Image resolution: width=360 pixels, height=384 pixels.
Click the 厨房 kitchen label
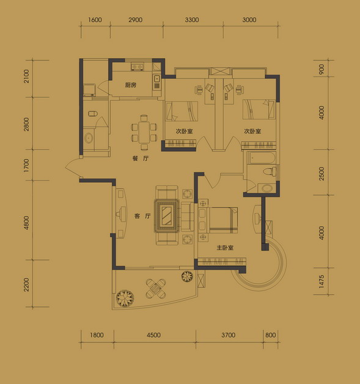pos(130,85)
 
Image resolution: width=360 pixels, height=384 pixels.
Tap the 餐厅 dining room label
pos(141,158)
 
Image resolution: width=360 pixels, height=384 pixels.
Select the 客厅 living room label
pos(142,216)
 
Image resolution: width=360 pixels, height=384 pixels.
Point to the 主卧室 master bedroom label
pos(225,248)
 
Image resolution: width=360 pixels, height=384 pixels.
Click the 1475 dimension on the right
pos(321,281)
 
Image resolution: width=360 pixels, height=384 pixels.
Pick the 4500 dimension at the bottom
pos(153,334)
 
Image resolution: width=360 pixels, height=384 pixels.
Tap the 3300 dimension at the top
pos(192,20)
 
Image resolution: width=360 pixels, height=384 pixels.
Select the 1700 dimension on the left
pos(26,165)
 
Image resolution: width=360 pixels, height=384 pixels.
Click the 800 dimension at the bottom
pos(270,334)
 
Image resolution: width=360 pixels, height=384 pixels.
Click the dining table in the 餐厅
pos(144,132)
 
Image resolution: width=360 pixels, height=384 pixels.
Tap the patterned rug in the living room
pos(167,216)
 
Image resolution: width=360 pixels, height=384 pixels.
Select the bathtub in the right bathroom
pos(262,158)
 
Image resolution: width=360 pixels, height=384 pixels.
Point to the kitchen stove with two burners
pos(137,67)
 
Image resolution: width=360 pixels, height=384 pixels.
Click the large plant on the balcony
pos(125,298)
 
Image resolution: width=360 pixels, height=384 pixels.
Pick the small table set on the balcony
pos(156,289)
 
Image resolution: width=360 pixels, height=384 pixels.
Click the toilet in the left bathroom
pos(92,114)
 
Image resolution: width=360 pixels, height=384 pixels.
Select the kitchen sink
pos(156,79)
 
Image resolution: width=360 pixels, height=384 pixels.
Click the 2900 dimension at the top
pos(135,20)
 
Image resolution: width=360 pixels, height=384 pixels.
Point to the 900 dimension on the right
pos(321,69)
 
